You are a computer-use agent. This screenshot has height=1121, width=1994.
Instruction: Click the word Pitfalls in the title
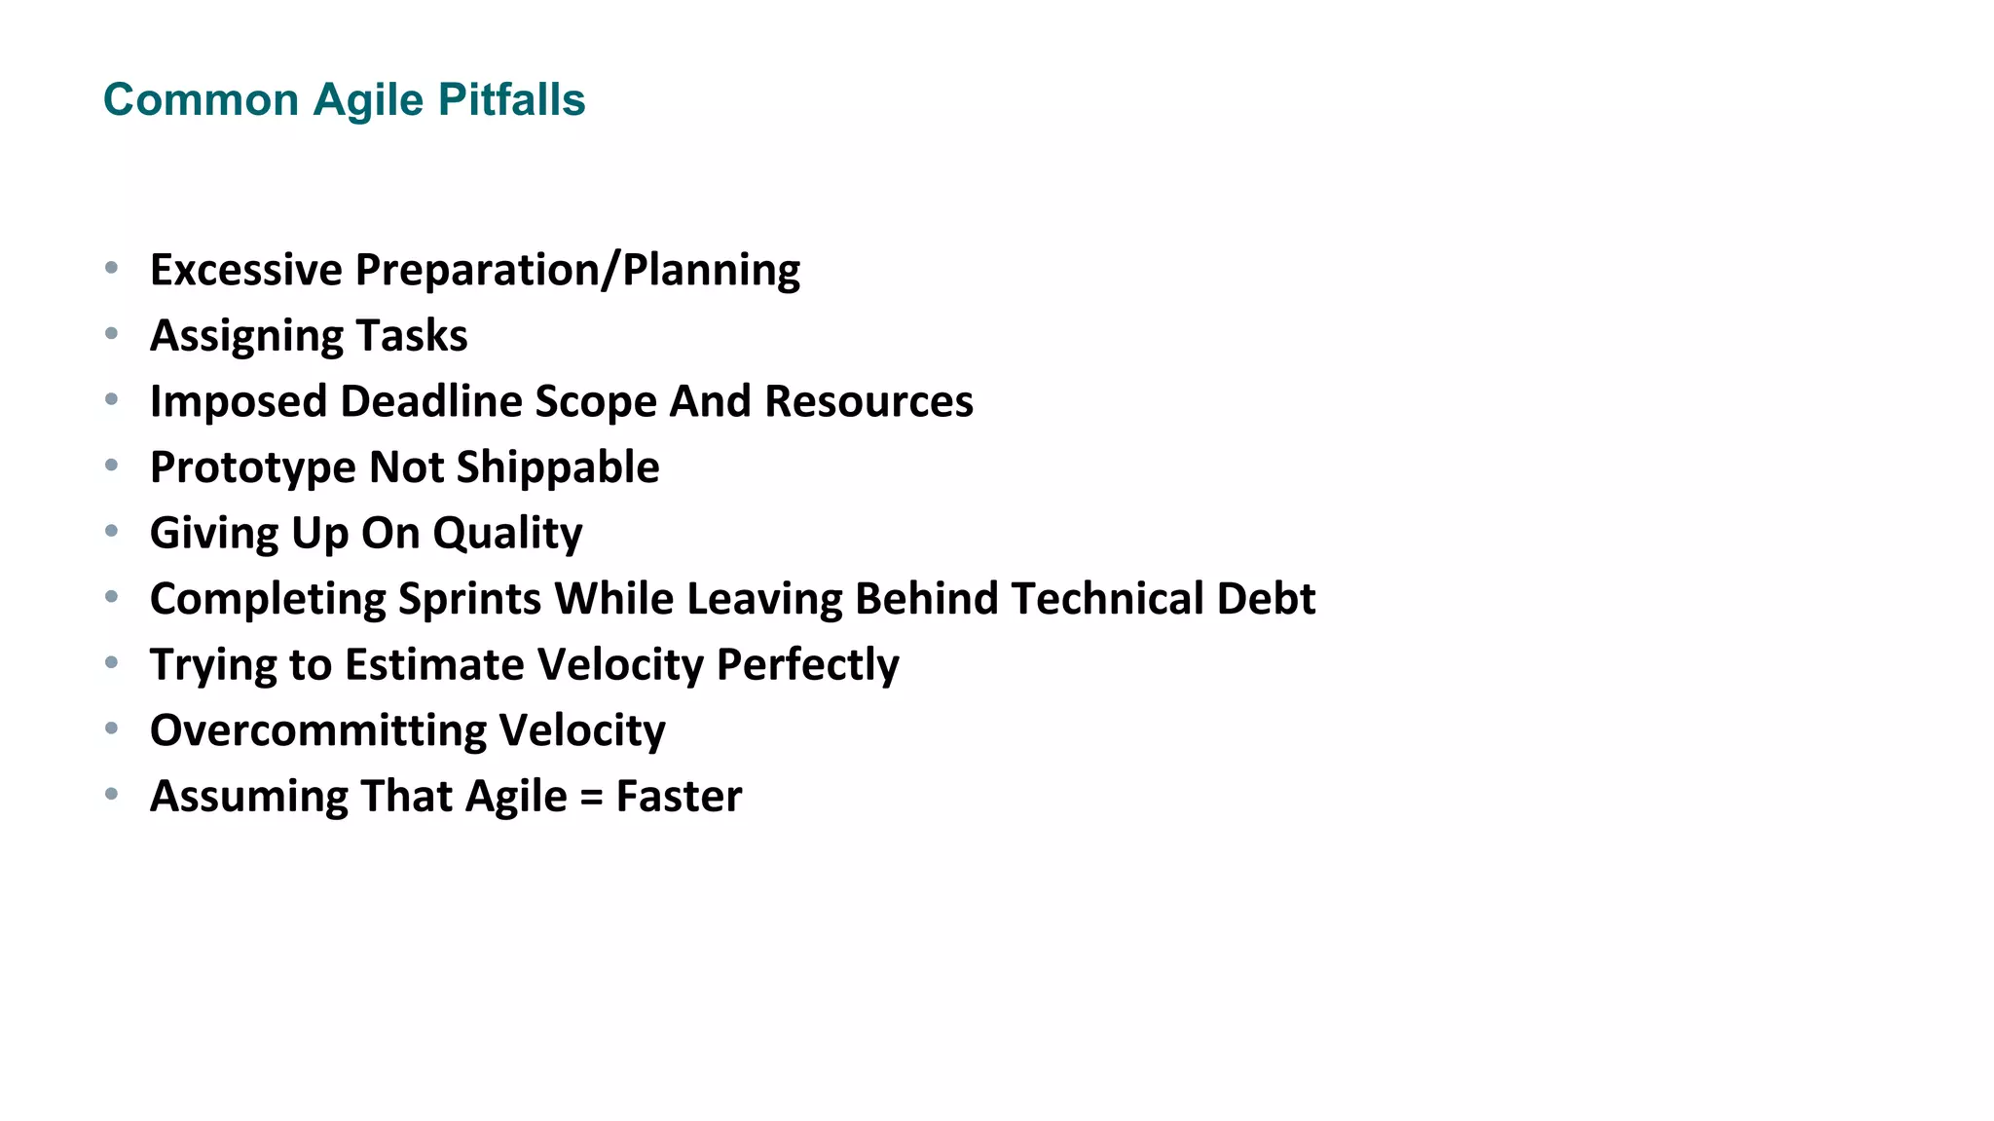(x=511, y=100)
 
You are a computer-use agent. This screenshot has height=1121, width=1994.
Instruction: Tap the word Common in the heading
(x=201, y=100)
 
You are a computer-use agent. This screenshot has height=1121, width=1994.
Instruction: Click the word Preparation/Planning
(x=577, y=271)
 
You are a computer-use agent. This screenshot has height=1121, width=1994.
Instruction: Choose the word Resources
(x=868, y=401)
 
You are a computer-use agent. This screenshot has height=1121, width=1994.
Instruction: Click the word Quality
(x=507, y=534)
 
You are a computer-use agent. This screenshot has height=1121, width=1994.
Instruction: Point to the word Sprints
(x=469, y=599)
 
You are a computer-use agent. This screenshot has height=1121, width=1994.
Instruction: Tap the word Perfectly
(x=807, y=665)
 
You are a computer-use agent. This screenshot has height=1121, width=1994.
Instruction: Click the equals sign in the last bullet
(x=591, y=797)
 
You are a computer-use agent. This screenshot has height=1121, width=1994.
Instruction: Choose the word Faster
(x=679, y=797)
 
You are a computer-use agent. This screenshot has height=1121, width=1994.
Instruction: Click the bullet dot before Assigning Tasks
(x=112, y=334)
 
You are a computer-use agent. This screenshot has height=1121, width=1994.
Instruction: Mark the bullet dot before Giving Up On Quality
(x=112, y=532)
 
